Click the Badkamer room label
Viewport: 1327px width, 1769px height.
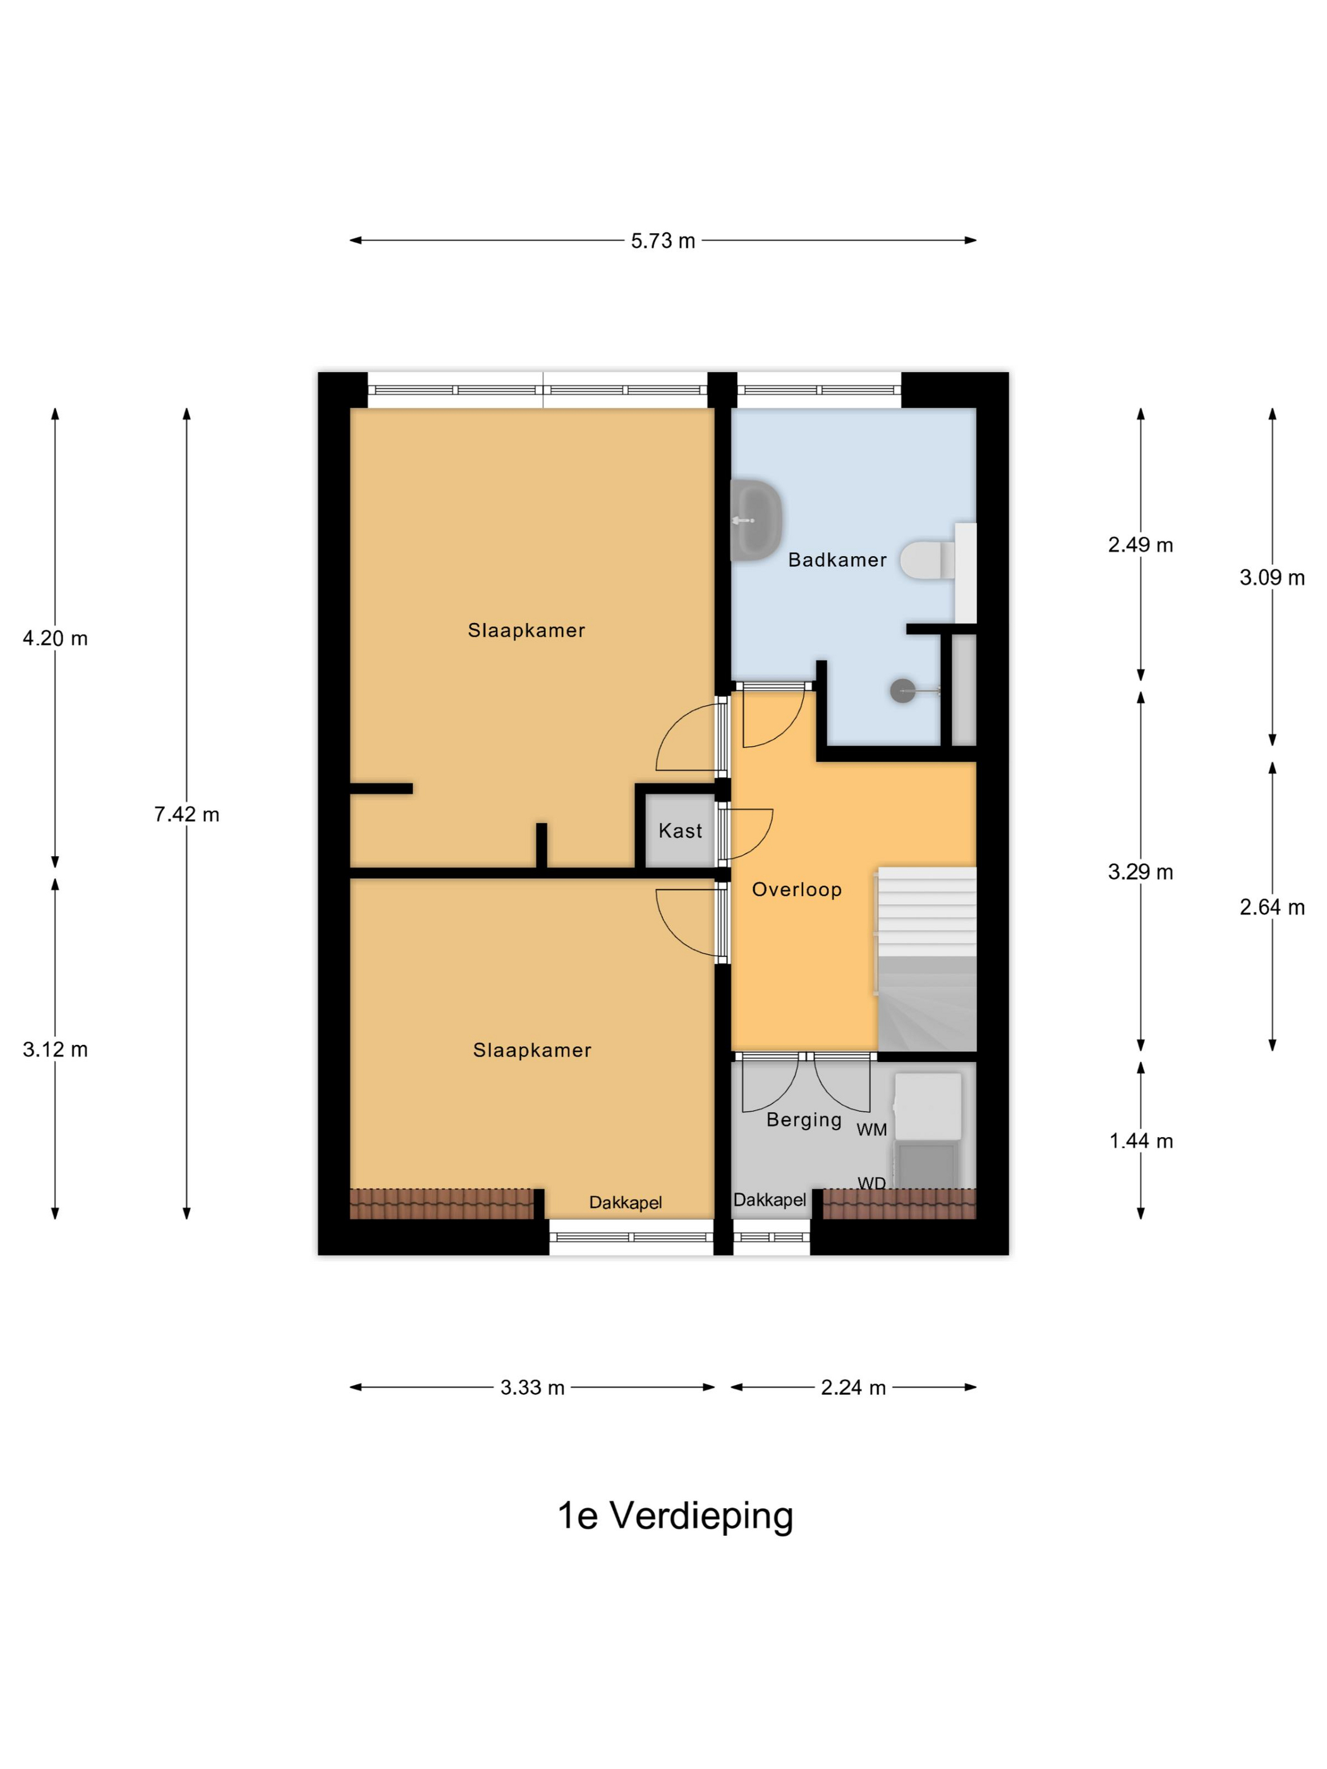837,560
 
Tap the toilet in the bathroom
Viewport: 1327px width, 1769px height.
927,560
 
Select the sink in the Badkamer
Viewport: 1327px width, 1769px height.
755,520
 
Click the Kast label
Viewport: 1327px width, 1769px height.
681,831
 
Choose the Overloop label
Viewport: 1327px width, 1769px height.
797,890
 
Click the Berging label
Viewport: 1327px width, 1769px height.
804,1120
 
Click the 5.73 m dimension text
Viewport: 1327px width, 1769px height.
663,241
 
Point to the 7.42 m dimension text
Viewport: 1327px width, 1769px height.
186,814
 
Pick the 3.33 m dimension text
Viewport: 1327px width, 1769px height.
533,1387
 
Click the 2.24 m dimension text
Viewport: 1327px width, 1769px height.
854,1387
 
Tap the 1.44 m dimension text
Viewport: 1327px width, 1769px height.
1141,1141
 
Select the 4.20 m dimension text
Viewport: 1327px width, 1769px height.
55,638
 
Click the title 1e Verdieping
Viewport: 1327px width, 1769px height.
675,1516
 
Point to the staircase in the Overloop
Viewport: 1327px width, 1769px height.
927,959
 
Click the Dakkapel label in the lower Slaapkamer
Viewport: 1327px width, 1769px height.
626,1203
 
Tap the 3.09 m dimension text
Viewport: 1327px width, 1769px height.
1273,577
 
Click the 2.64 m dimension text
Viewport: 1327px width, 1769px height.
1273,907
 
